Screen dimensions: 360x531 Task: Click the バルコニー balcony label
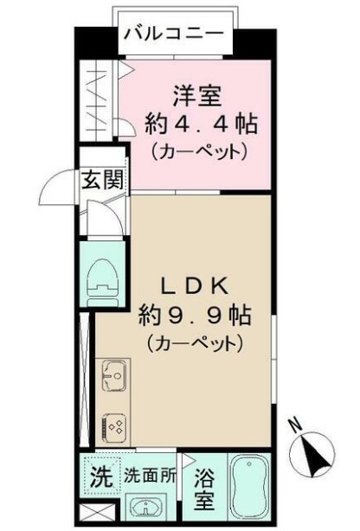coord(174,34)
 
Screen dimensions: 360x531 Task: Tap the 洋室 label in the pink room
coord(197,96)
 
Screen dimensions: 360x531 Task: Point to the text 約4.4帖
coord(202,125)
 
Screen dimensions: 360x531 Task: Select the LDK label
coord(194,287)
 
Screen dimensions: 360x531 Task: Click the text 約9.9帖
coord(195,316)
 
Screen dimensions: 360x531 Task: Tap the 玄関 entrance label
coord(103,179)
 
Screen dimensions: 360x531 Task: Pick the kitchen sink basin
coord(113,374)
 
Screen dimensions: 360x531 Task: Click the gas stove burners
coord(114,427)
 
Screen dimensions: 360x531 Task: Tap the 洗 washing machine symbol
coord(102,477)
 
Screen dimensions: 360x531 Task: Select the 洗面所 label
coord(150,477)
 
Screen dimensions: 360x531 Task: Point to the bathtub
coord(250,486)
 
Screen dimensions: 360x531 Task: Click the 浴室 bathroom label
coord(204,489)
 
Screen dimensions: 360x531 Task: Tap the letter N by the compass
coord(296,425)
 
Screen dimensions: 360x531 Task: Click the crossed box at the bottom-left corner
coord(96,512)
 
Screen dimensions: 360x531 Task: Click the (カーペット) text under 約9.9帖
coord(195,343)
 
